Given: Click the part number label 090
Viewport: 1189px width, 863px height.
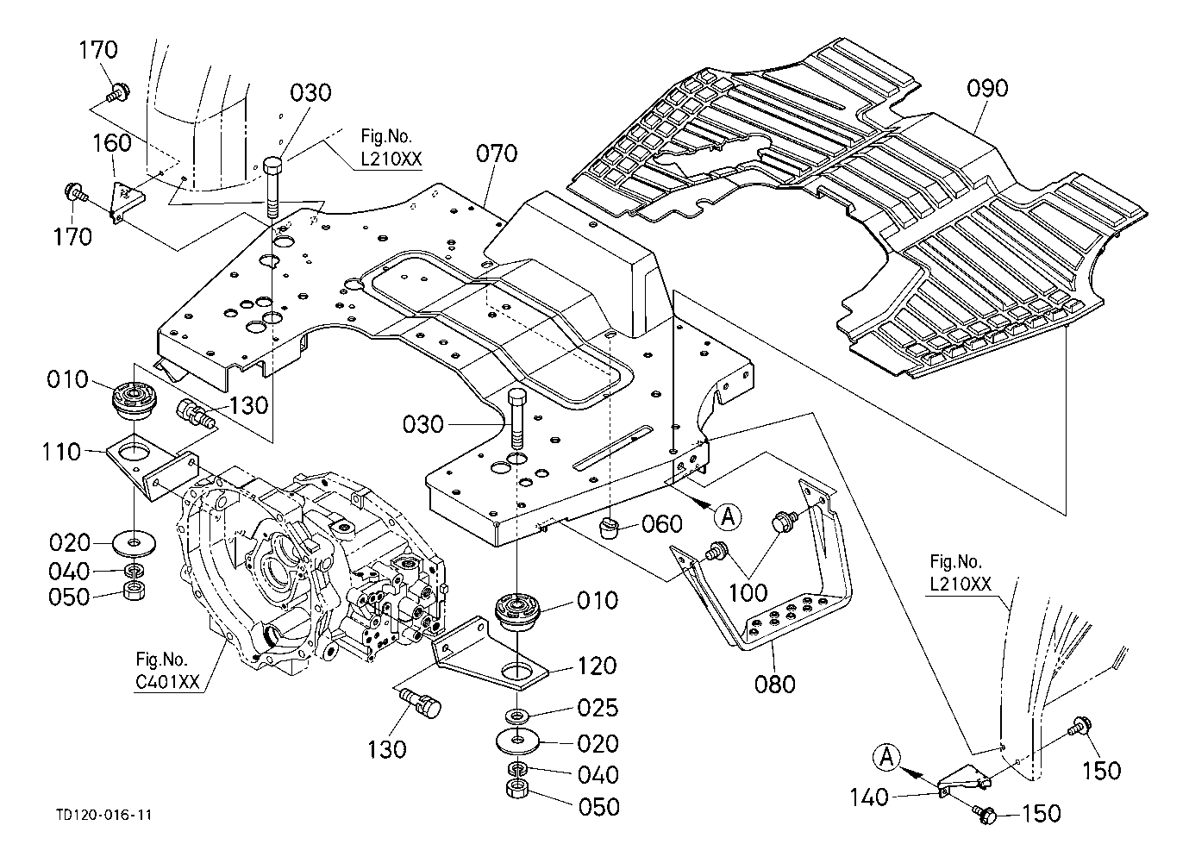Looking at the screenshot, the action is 987,88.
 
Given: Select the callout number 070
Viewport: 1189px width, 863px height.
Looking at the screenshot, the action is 497,153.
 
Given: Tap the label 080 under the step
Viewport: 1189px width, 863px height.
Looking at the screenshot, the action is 775,685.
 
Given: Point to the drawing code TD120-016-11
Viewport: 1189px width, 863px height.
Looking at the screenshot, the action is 104,815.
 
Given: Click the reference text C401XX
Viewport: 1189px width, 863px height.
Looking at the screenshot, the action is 167,682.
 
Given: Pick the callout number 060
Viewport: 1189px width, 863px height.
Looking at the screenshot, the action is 662,524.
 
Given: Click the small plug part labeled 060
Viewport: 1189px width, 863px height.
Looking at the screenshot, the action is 609,528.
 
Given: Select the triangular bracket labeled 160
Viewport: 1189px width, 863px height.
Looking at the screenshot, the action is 128,202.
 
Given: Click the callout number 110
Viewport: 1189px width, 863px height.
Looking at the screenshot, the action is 61,452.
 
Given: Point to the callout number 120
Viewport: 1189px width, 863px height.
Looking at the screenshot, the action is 597,666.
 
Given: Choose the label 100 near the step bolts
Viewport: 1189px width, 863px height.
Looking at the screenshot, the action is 748,593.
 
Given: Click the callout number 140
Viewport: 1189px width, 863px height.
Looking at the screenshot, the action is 869,797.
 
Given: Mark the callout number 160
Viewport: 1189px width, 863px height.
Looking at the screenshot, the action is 112,143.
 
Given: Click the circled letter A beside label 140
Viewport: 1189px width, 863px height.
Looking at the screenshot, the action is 887,758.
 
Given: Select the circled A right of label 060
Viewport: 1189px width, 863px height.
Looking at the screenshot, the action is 729,516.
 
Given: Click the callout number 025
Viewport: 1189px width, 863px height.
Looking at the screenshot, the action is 598,708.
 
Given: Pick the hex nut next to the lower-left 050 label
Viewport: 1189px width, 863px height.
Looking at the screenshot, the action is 134,591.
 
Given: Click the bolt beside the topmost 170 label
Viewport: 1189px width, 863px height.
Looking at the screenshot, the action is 118,93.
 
